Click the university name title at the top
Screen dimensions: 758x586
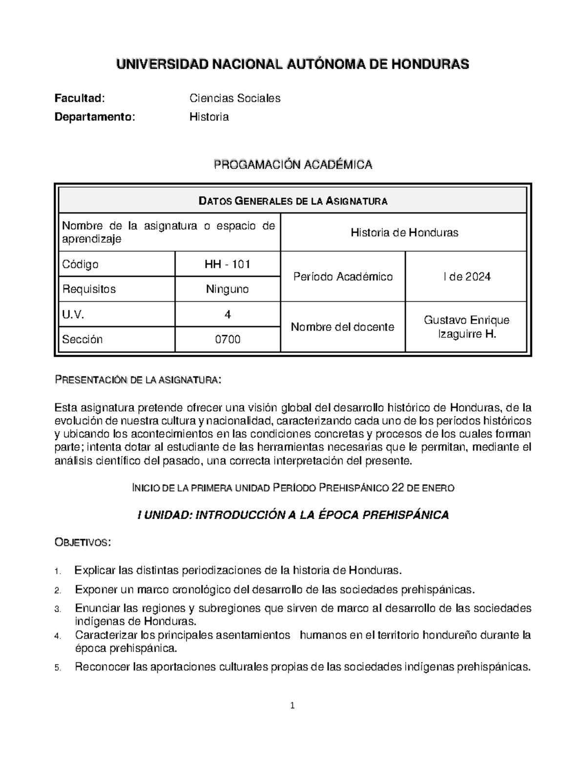click(x=292, y=64)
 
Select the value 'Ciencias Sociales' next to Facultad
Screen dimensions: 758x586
click(x=234, y=98)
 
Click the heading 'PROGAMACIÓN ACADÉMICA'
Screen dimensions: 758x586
click(x=293, y=165)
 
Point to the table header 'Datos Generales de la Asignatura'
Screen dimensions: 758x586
click(x=293, y=201)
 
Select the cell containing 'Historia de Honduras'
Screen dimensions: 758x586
click(x=404, y=232)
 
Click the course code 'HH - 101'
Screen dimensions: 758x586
click(x=228, y=265)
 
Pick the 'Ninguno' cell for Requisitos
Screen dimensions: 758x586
click(x=228, y=289)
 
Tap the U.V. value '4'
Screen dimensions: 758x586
click(x=228, y=315)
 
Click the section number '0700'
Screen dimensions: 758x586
click(x=228, y=339)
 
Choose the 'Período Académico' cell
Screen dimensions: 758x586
click(x=343, y=277)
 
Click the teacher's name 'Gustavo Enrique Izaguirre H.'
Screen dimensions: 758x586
click(x=466, y=327)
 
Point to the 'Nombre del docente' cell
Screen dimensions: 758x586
click(x=342, y=327)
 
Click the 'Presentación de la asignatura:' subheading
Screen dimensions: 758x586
click(x=138, y=380)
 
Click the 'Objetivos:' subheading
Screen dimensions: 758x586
click(x=83, y=542)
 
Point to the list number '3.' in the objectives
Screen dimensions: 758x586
click(x=58, y=610)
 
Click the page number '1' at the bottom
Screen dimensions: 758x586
click(x=293, y=705)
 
